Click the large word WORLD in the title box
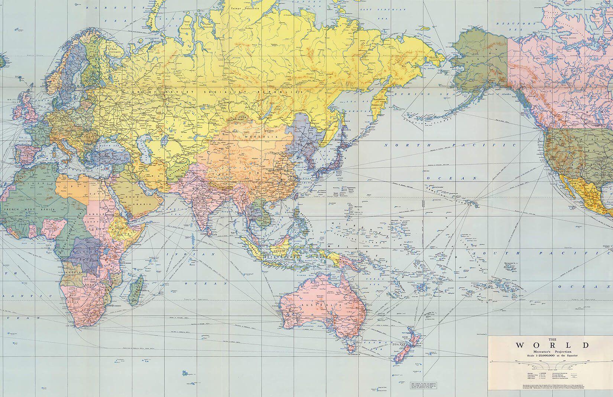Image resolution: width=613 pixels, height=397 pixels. click(x=552, y=345)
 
